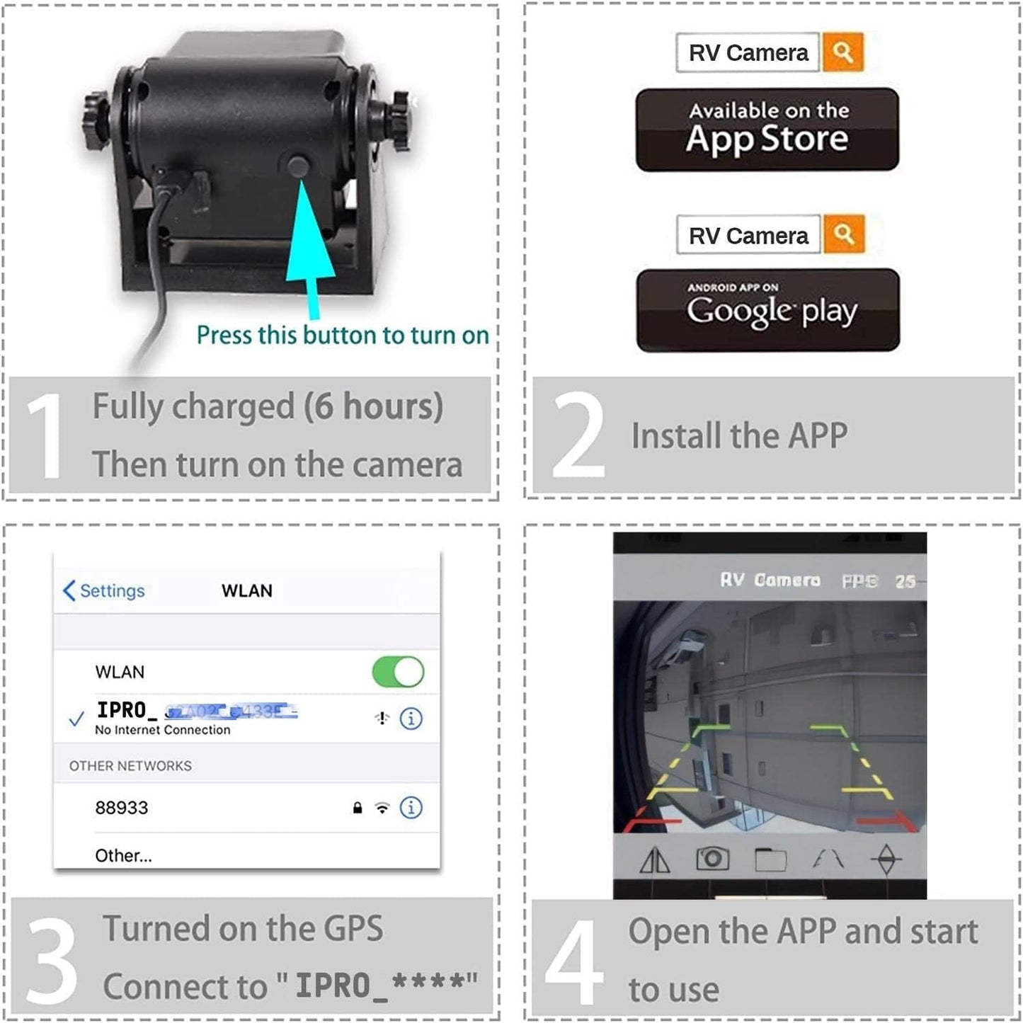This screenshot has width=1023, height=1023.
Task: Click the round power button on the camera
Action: tap(299, 166)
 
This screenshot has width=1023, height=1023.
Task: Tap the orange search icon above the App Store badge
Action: tap(842, 52)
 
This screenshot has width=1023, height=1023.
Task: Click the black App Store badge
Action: tap(767, 130)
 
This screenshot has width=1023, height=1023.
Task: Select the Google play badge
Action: tap(768, 310)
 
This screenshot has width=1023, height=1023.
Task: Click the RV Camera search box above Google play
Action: tap(748, 235)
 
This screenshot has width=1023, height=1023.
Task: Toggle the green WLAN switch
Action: tap(398, 672)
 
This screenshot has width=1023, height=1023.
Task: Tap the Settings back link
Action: tap(104, 590)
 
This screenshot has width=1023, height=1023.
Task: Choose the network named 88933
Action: tap(122, 808)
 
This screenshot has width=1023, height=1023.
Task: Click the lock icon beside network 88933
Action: tap(358, 808)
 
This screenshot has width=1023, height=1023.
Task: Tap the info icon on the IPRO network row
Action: tap(411, 719)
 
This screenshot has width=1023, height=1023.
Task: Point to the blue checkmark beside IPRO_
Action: tap(76, 720)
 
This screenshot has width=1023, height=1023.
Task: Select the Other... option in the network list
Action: tap(123, 855)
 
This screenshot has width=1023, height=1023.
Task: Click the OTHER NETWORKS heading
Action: tap(130, 766)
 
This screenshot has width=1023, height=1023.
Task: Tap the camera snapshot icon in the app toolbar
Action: tap(713, 859)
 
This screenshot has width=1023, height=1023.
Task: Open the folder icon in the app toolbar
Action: tap(770, 859)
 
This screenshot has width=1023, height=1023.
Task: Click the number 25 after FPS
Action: tap(905, 581)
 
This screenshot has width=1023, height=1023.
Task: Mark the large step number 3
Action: tap(51, 961)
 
